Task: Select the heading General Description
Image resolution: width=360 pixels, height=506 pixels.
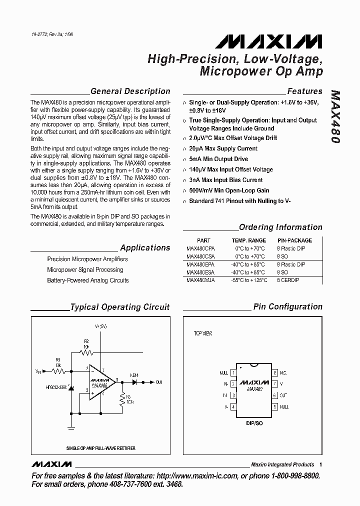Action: [130, 91]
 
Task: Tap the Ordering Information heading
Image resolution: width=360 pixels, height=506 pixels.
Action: [280, 227]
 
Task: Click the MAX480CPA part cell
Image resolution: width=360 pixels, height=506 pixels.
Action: [200, 248]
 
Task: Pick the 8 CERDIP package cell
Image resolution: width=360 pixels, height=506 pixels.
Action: [288, 280]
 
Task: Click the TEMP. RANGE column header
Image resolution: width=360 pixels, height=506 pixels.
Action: [248, 240]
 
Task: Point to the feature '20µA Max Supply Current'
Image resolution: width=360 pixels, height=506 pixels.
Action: [223, 148]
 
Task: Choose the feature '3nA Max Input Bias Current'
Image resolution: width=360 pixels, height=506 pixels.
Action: [225, 180]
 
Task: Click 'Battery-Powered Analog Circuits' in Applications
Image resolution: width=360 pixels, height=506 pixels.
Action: [87, 280]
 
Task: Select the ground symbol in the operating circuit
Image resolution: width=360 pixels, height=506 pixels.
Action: [71, 427]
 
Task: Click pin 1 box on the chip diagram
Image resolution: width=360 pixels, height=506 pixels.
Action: [233, 373]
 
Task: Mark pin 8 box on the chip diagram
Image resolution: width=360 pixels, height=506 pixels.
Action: [274, 373]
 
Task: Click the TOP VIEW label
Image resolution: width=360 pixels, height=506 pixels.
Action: [203, 333]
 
